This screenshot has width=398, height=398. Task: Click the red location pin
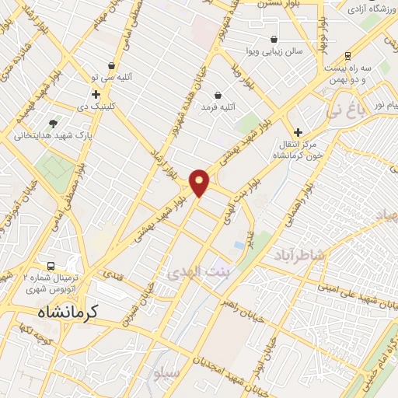tap(200, 182)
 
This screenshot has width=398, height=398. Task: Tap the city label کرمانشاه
tap(69, 312)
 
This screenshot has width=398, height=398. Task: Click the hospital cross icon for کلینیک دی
tap(96, 95)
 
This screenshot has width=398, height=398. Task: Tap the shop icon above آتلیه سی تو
tap(113, 66)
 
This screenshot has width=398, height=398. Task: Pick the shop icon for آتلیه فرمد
tap(218, 95)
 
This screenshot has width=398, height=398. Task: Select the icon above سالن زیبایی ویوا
tap(274, 39)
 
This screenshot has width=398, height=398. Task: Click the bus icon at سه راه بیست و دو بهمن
tap(347, 56)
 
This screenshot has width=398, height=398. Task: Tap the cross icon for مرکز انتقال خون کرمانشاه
tap(297, 133)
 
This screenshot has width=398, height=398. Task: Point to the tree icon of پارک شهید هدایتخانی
tap(53, 123)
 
